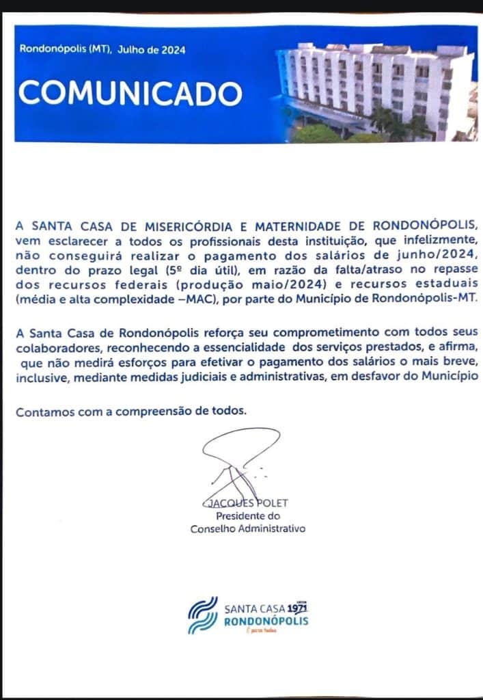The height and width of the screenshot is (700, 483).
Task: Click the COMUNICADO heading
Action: pyautogui.click(x=130, y=92)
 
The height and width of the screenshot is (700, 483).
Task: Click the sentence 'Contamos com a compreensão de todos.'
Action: pyautogui.click(x=130, y=412)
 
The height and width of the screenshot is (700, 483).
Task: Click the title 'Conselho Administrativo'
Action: pyautogui.click(x=247, y=528)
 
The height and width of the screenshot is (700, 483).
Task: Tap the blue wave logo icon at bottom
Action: pyautogui.click(x=202, y=615)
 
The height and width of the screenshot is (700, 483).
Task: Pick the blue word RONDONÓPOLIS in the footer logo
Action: pyautogui.click(x=266, y=621)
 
